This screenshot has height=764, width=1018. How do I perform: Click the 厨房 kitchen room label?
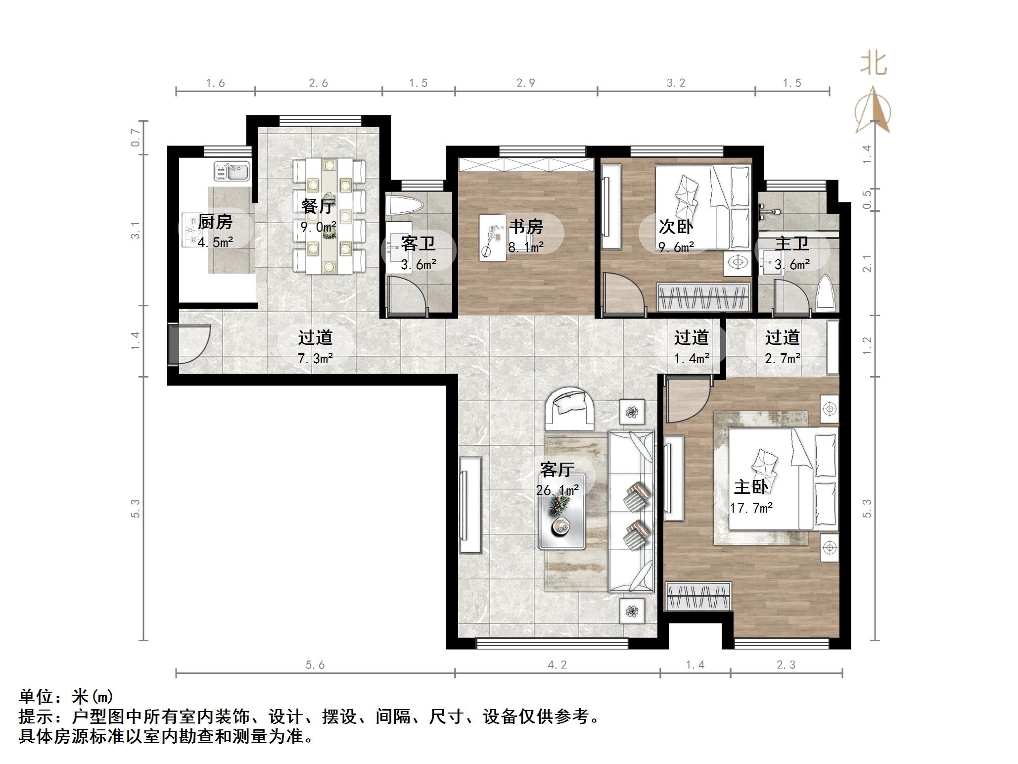pyautogui.click(x=215, y=222)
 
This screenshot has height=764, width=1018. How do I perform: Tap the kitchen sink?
pyautogui.click(x=231, y=172)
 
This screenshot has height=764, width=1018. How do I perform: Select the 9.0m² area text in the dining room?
pyautogui.click(x=318, y=227)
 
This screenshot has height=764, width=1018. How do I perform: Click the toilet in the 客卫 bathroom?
pyautogui.click(x=404, y=206)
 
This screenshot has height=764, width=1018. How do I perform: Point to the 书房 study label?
pyautogui.click(x=526, y=227)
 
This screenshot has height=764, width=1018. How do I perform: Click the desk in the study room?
pyautogui.click(x=493, y=237)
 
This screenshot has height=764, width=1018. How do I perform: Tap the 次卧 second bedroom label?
pyautogui.click(x=676, y=227)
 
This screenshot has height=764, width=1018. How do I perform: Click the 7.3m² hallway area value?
pyautogui.click(x=315, y=358)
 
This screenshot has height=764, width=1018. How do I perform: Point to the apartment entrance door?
pyautogui.click(x=190, y=343)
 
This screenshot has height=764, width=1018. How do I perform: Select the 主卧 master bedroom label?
pyautogui.click(x=750, y=487)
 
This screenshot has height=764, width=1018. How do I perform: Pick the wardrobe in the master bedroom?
pyautogui.click(x=698, y=597)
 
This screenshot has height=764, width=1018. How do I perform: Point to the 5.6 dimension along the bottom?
pyautogui.click(x=315, y=665)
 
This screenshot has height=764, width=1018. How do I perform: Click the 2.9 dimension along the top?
pyautogui.click(x=526, y=83)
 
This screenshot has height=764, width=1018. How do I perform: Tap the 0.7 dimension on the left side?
pyautogui.click(x=135, y=138)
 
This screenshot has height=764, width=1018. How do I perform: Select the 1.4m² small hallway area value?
pyautogui.click(x=692, y=358)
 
